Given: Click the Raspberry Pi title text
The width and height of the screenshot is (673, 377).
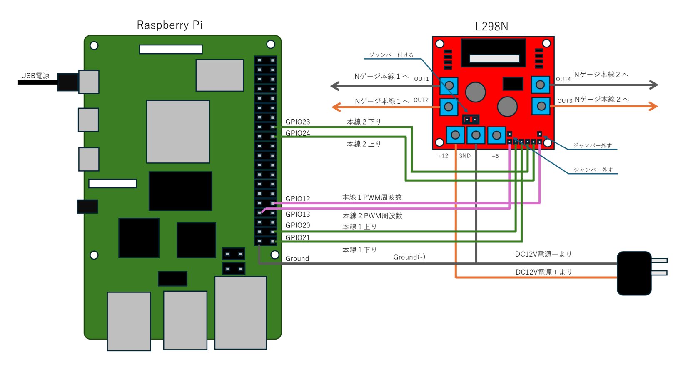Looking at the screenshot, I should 169,25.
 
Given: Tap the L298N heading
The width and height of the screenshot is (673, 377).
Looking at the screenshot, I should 491,27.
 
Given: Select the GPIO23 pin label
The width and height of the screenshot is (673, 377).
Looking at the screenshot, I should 298,122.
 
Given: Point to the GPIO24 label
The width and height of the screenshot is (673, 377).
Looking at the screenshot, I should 298,133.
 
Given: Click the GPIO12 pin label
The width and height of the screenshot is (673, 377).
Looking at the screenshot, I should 298,199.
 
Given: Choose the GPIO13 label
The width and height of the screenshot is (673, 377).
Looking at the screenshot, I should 298,215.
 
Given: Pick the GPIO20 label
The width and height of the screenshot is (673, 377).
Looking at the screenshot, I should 298,225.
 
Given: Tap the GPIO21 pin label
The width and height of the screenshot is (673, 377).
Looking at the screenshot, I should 298,237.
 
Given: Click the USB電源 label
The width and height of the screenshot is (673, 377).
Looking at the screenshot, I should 35,76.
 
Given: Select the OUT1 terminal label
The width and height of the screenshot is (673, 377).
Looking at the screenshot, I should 421,79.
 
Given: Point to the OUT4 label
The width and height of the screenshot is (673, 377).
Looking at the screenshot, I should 563,79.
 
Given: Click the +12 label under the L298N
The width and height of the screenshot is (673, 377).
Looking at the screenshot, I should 443,156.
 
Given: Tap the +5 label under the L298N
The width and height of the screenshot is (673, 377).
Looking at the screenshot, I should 495,156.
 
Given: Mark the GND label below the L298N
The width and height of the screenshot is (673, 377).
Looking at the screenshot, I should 464,156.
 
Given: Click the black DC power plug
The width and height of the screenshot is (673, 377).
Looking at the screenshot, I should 634,273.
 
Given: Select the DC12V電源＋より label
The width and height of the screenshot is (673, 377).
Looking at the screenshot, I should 543,272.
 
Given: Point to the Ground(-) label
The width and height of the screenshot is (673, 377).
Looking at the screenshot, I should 409,257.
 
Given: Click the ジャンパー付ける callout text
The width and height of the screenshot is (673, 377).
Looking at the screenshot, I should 391,55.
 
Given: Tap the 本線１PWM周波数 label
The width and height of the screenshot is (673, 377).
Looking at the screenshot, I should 372,197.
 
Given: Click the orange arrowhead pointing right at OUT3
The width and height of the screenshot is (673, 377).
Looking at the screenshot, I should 653,107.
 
